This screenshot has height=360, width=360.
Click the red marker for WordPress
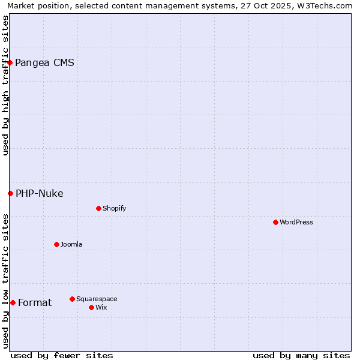pyautogui.click(x=275, y=222)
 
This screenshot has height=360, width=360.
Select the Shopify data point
pyautogui.click(x=98, y=208)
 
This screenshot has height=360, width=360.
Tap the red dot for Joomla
pyautogui.click(x=56, y=244)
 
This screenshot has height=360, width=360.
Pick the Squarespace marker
pyautogui.click(x=72, y=299)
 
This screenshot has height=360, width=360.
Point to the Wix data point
pyautogui.click(x=91, y=307)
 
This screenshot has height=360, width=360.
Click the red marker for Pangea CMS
pyautogui.click(x=10, y=62)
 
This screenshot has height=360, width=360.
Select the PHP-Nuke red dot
pyautogui.click(x=10, y=193)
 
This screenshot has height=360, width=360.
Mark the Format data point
pyautogui.click(x=13, y=302)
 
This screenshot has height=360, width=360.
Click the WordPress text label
pyautogui.click(x=296, y=222)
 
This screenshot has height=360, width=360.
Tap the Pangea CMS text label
pyautogui.click(x=44, y=62)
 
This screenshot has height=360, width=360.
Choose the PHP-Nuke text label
pyautogui.click(x=39, y=193)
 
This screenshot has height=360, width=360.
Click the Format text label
pyautogui.click(x=35, y=302)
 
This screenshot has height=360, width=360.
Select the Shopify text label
pyautogui.click(x=114, y=208)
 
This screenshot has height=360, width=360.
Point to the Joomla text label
pyautogui.click(x=71, y=244)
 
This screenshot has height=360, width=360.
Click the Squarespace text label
pyautogui.click(x=97, y=299)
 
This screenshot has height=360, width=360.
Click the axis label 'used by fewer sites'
pyautogui.click(x=62, y=355)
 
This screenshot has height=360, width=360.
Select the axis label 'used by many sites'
pyautogui.click(x=301, y=355)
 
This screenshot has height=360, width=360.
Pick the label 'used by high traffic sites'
pyautogui.click(x=5, y=85)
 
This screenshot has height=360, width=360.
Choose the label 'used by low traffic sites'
pyautogui.click(x=5, y=280)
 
